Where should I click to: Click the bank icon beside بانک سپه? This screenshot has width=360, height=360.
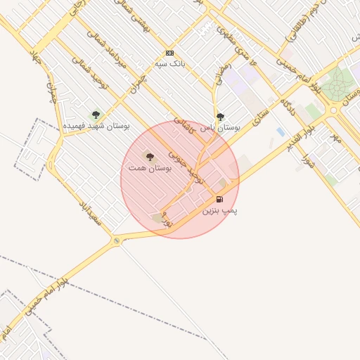(169, 53)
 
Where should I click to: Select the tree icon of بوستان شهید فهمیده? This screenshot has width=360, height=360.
(96, 115)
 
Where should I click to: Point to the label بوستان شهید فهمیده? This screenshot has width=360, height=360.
(96, 125)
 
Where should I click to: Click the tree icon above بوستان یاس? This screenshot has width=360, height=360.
(220, 117)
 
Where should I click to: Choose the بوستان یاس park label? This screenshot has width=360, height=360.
(221, 128)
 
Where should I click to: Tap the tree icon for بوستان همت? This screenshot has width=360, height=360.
(148, 156)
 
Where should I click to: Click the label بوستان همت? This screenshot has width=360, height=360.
(147, 168)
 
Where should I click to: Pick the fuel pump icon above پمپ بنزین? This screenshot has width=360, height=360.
(220, 200)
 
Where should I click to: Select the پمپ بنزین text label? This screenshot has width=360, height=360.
(220, 210)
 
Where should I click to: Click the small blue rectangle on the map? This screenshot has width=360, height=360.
(281, 131)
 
